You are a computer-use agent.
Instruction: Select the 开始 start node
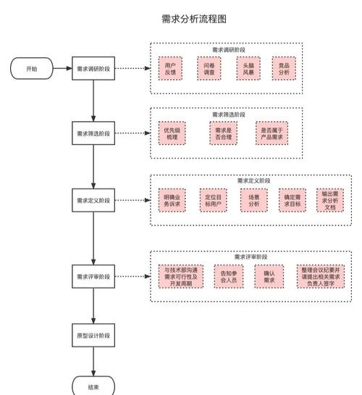coord(32,69)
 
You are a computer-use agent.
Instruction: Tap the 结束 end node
coord(93,386)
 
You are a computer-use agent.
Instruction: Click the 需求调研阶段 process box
coord(93,69)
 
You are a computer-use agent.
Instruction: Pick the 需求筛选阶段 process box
coord(93,133)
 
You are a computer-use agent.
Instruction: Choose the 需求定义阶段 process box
coord(93,200)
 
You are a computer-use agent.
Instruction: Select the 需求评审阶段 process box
coord(93,277)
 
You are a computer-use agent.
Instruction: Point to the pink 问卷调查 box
coord(209,70)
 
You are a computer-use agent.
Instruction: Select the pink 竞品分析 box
coord(284,70)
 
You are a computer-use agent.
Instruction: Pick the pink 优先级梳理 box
coord(171,134)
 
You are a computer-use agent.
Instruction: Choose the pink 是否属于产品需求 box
coord(273,134)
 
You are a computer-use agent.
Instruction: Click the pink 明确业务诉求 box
coord(173,201)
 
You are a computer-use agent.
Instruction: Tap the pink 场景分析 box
coord(253,201)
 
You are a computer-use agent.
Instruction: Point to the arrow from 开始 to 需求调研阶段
coord(61,69)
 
